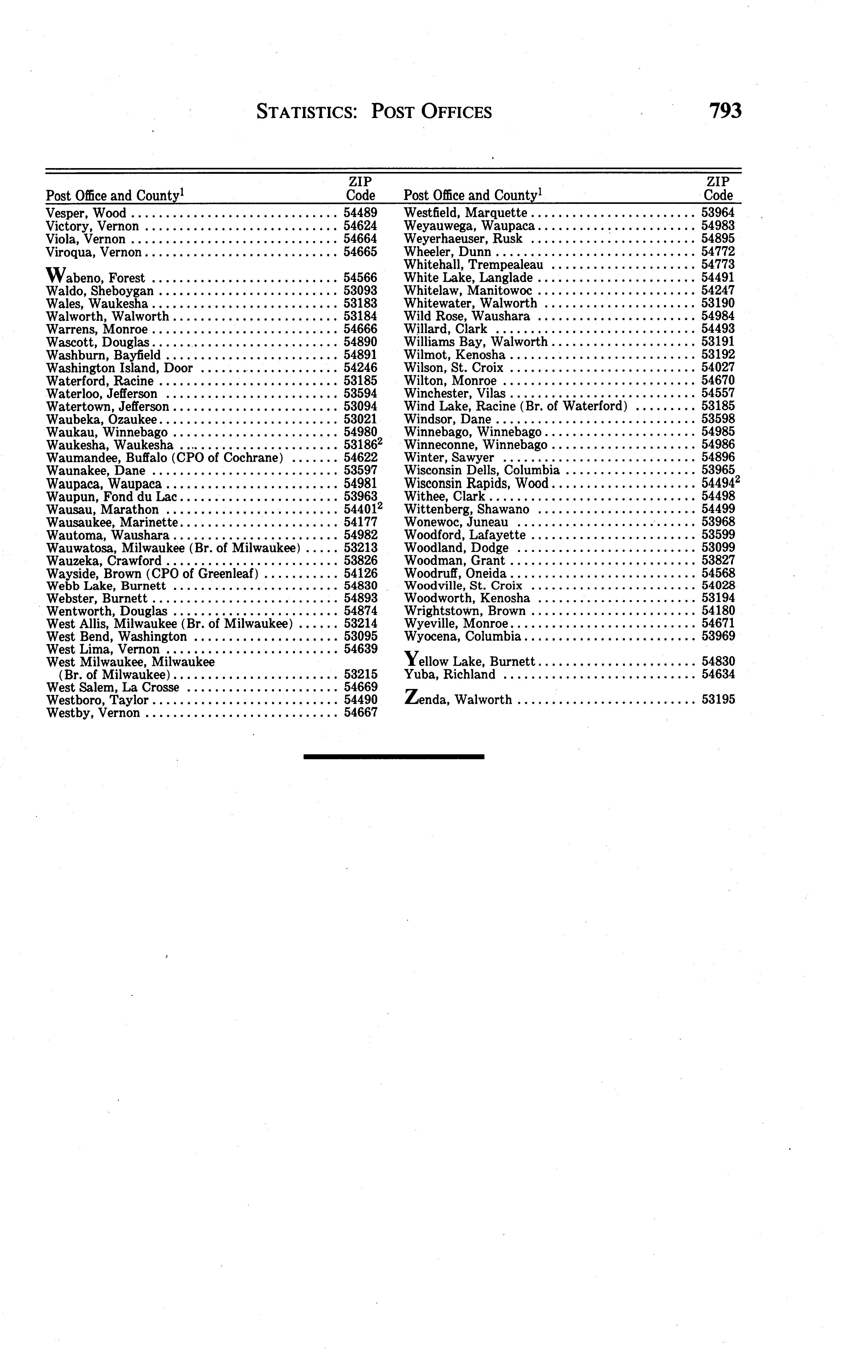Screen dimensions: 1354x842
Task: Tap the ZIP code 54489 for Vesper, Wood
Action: (360, 213)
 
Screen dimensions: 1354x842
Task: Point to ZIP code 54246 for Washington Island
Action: (360, 368)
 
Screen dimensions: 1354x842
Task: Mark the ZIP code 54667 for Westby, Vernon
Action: (360, 713)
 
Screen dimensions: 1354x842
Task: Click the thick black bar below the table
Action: (394, 756)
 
